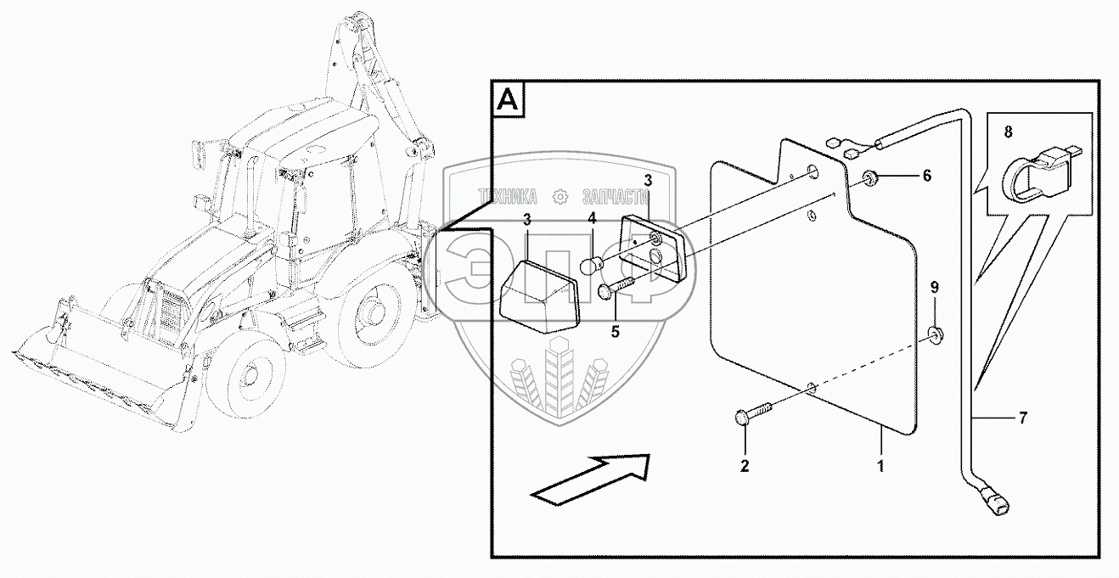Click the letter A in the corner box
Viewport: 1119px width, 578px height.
(x=508, y=100)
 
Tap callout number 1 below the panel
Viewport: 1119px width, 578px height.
(x=881, y=465)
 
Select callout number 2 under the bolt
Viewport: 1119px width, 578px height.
(x=745, y=465)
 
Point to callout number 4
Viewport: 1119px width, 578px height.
(x=593, y=218)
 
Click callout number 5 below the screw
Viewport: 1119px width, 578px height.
(x=616, y=331)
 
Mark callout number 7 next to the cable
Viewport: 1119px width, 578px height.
(x=1023, y=417)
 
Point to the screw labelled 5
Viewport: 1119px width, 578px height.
(x=617, y=286)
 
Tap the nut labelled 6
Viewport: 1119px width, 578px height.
(x=870, y=177)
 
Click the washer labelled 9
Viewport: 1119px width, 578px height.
(x=935, y=334)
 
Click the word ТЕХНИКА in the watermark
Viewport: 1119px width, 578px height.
(x=509, y=196)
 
